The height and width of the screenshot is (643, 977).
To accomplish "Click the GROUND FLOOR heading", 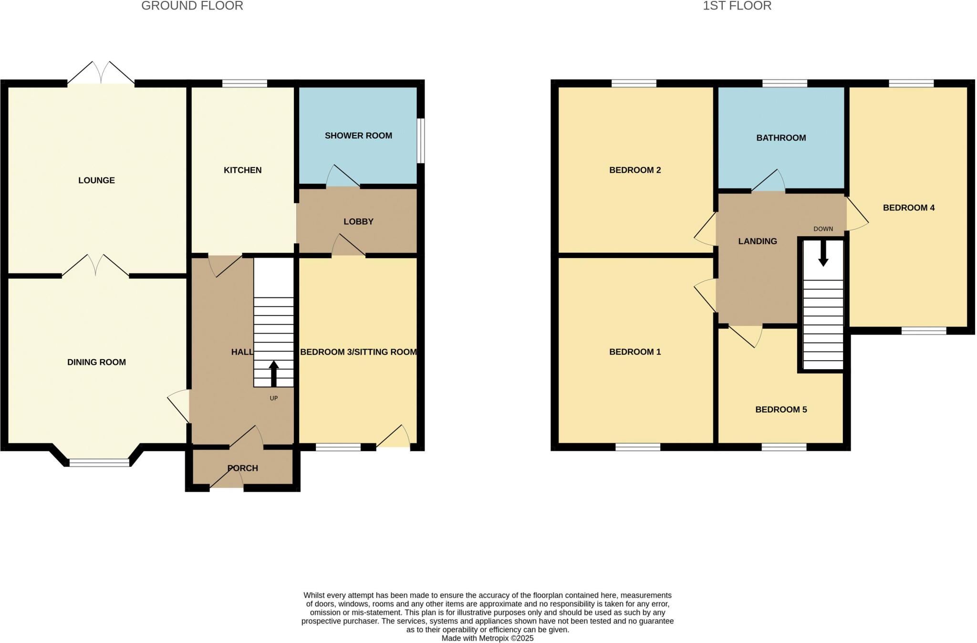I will click(192, 6).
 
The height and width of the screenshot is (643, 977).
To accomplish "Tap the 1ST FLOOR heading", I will click(737, 6).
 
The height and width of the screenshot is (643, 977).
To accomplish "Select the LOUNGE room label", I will click(96, 180).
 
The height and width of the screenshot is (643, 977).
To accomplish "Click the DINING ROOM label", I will click(96, 362).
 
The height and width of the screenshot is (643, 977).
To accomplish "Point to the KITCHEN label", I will click(242, 170).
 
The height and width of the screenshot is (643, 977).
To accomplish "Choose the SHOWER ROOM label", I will click(358, 135).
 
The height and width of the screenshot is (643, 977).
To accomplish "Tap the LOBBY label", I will click(358, 221).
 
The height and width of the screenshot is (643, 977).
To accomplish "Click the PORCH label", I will click(242, 468).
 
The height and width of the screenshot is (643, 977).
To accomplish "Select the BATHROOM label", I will click(781, 138).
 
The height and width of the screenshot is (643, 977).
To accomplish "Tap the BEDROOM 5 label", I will click(781, 409).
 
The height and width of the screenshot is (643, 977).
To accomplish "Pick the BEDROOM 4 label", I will click(908, 207).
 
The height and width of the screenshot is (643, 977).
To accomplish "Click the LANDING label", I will click(758, 241).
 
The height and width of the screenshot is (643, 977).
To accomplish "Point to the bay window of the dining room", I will click(99, 462).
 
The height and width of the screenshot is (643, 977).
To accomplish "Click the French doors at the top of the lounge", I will click(101, 74).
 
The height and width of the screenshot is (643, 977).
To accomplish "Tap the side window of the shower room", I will click(421, 141).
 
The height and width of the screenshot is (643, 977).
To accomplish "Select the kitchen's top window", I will click(245, 84).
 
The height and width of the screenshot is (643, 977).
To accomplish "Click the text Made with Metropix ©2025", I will click(487, 638).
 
